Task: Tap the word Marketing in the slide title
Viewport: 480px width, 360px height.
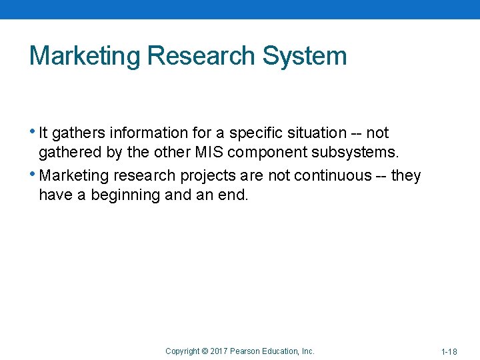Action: click(x=84, y=56)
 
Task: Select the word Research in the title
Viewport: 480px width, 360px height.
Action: click(x=201, y=56)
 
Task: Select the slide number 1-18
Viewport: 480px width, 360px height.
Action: click(x=449, y=351)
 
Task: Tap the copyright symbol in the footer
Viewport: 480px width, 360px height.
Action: click(x=205, y=351)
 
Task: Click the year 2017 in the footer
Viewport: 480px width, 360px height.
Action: click(x=219, y=351)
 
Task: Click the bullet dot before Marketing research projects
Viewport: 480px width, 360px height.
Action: click(x=34, y=174)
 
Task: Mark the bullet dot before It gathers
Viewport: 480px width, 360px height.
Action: click(x=34, y=131)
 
